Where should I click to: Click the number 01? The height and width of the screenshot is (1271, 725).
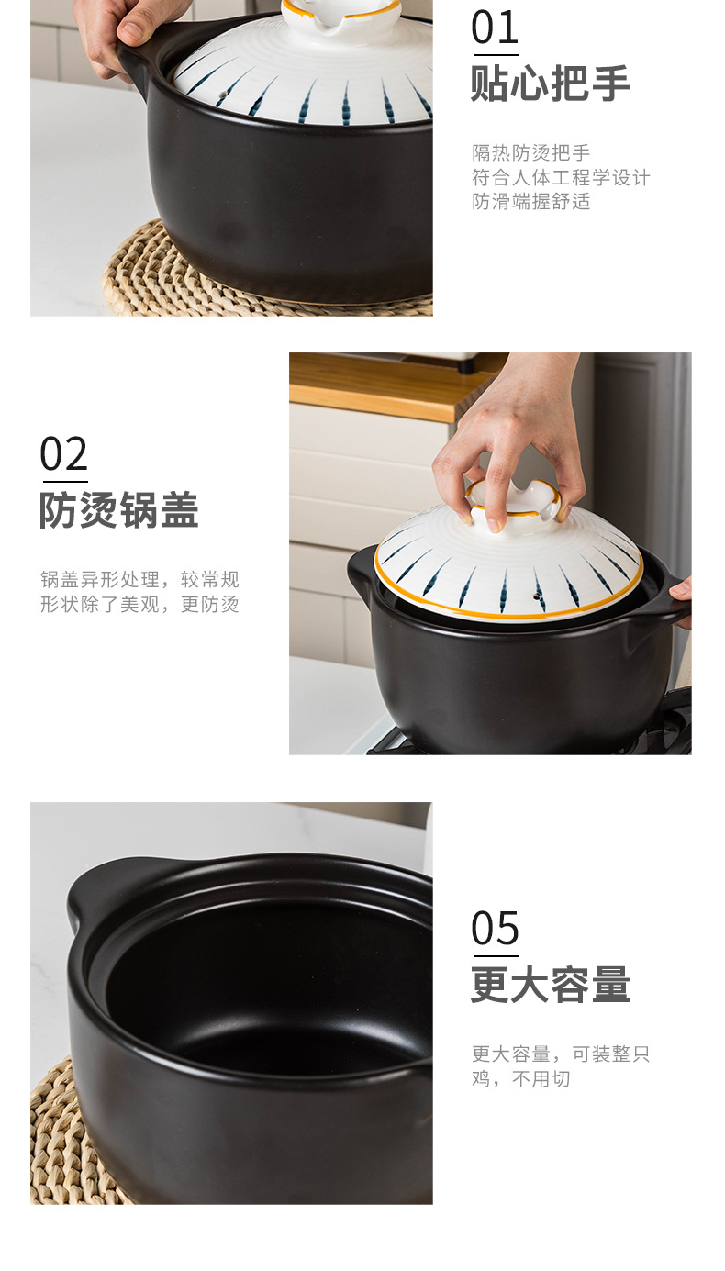(x=495, y=28)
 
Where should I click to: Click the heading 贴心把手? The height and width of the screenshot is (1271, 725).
(x=551, y=84)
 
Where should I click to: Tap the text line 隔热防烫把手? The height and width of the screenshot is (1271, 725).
(x=531, y=152)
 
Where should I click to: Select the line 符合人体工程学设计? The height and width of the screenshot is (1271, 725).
(x=561, y=178)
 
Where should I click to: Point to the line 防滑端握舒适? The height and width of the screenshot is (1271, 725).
(x=531, y=201)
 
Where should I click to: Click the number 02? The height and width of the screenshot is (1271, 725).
(x=63, y=454)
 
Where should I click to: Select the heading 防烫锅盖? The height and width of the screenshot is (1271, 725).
(x=119, y=510)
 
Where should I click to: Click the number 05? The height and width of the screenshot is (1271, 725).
(x=495, y=929)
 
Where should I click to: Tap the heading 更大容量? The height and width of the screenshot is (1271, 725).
(x=551, y=985)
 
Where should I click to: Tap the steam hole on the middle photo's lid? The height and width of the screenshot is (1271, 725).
(x=534, y=596)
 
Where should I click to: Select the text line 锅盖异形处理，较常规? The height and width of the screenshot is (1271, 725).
(x=139, y=580)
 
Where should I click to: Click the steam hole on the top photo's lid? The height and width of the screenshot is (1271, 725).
(x=222, y=93)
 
